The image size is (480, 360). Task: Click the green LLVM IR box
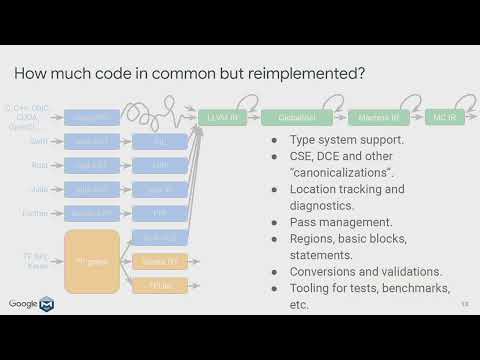click(223, 117)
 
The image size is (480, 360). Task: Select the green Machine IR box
click(372, 117)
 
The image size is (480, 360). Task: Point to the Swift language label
click(37, 142)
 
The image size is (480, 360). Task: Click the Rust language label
click(38, 165)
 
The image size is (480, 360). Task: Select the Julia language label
click(37, 188)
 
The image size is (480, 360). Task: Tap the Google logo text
click(24, 304)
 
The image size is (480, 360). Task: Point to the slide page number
click(463, 304)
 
